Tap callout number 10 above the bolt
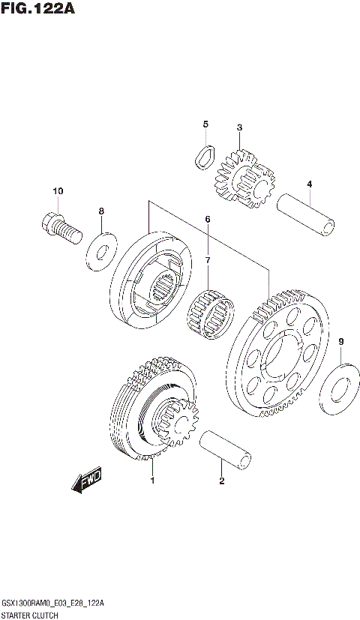[58, 191]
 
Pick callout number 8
[102, 211]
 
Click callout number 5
[205, 124]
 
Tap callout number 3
[239, 127]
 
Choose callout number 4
[308, 184]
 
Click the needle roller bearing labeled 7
[213, 310]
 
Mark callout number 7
[208, 260]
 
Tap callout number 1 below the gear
[152, 480]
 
